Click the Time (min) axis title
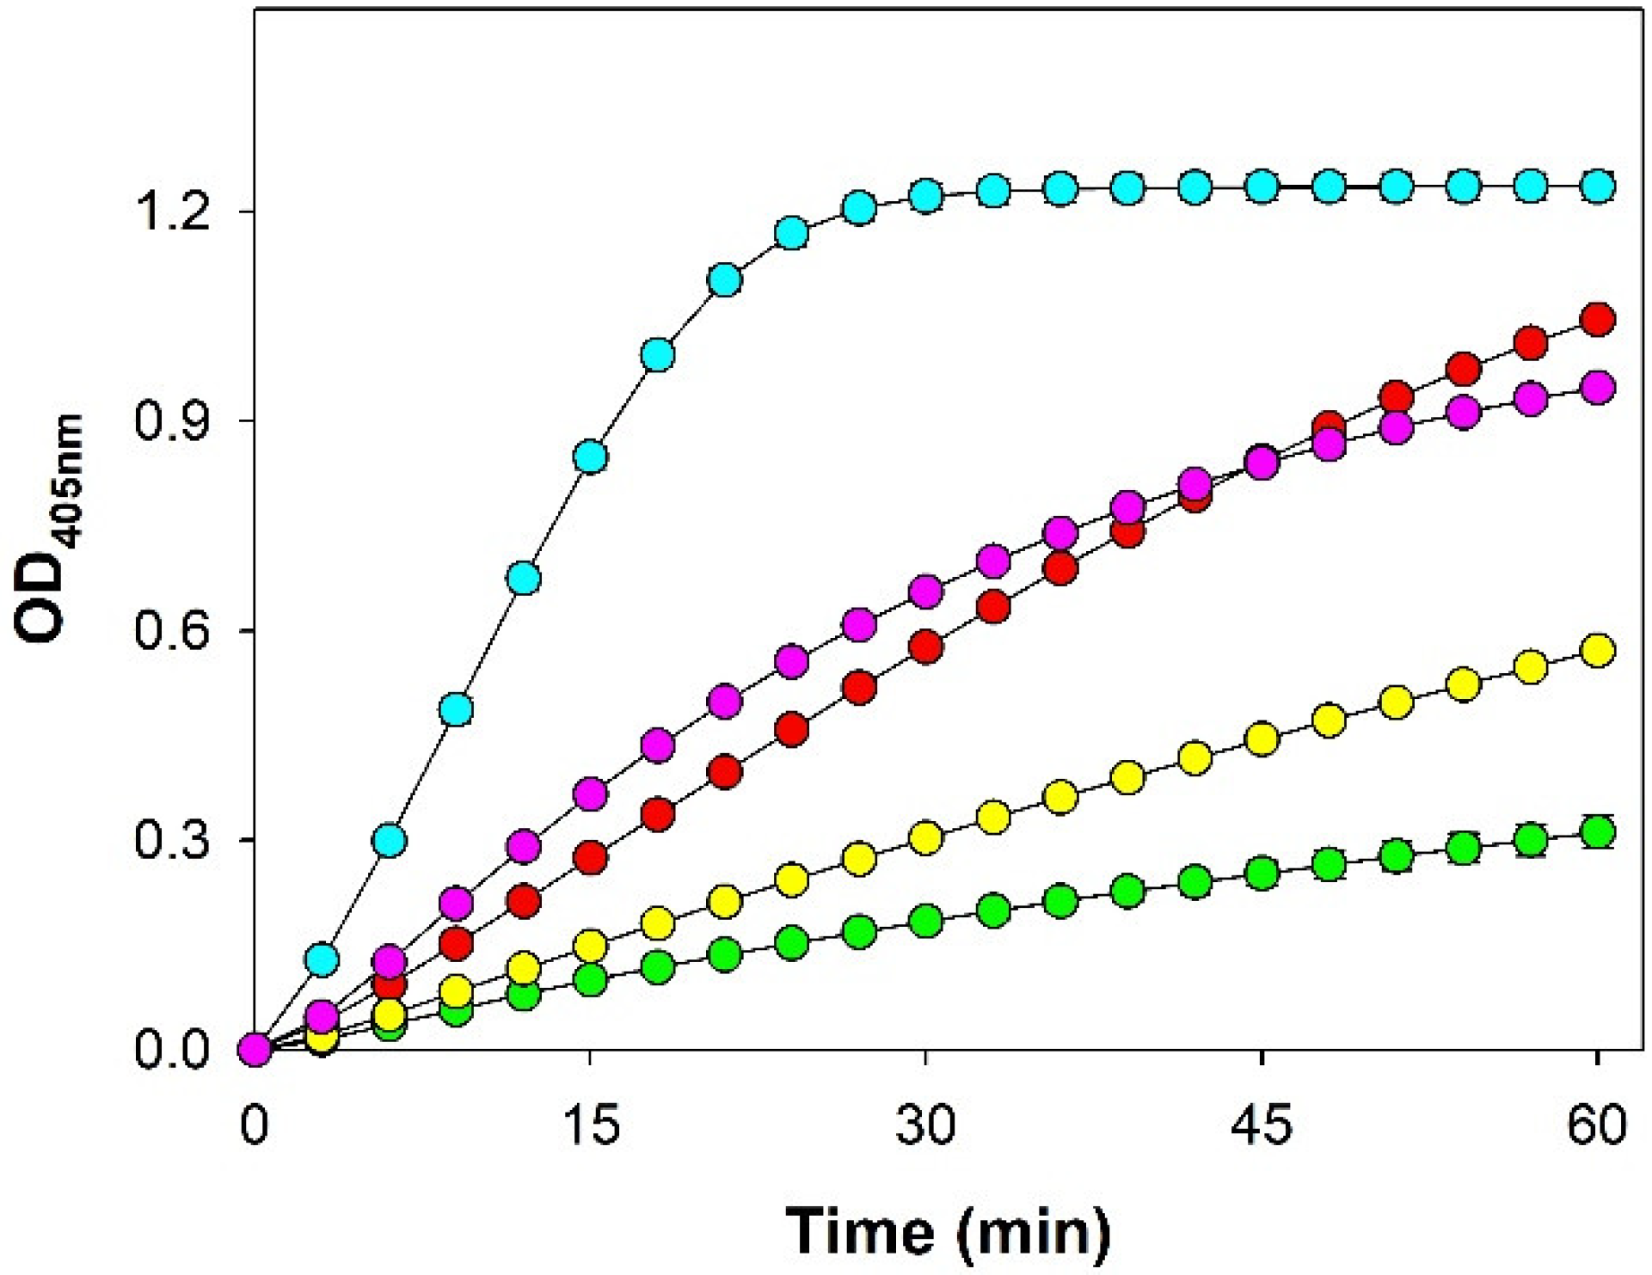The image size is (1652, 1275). coord(948,1230)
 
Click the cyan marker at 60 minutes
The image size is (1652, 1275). coord(1598,186)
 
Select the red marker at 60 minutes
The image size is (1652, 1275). coord(1598,320)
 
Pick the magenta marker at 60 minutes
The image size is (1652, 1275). coord(1598,388)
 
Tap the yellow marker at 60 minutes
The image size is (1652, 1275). coord(1598,651)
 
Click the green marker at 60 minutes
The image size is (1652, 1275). coord(1598,832)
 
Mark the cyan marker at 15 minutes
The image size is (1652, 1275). coord(591,457)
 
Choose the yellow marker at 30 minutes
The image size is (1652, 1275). coord(926,837)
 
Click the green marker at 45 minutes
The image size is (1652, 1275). coord(1262,873)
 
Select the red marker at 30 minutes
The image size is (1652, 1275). coord(926,647)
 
